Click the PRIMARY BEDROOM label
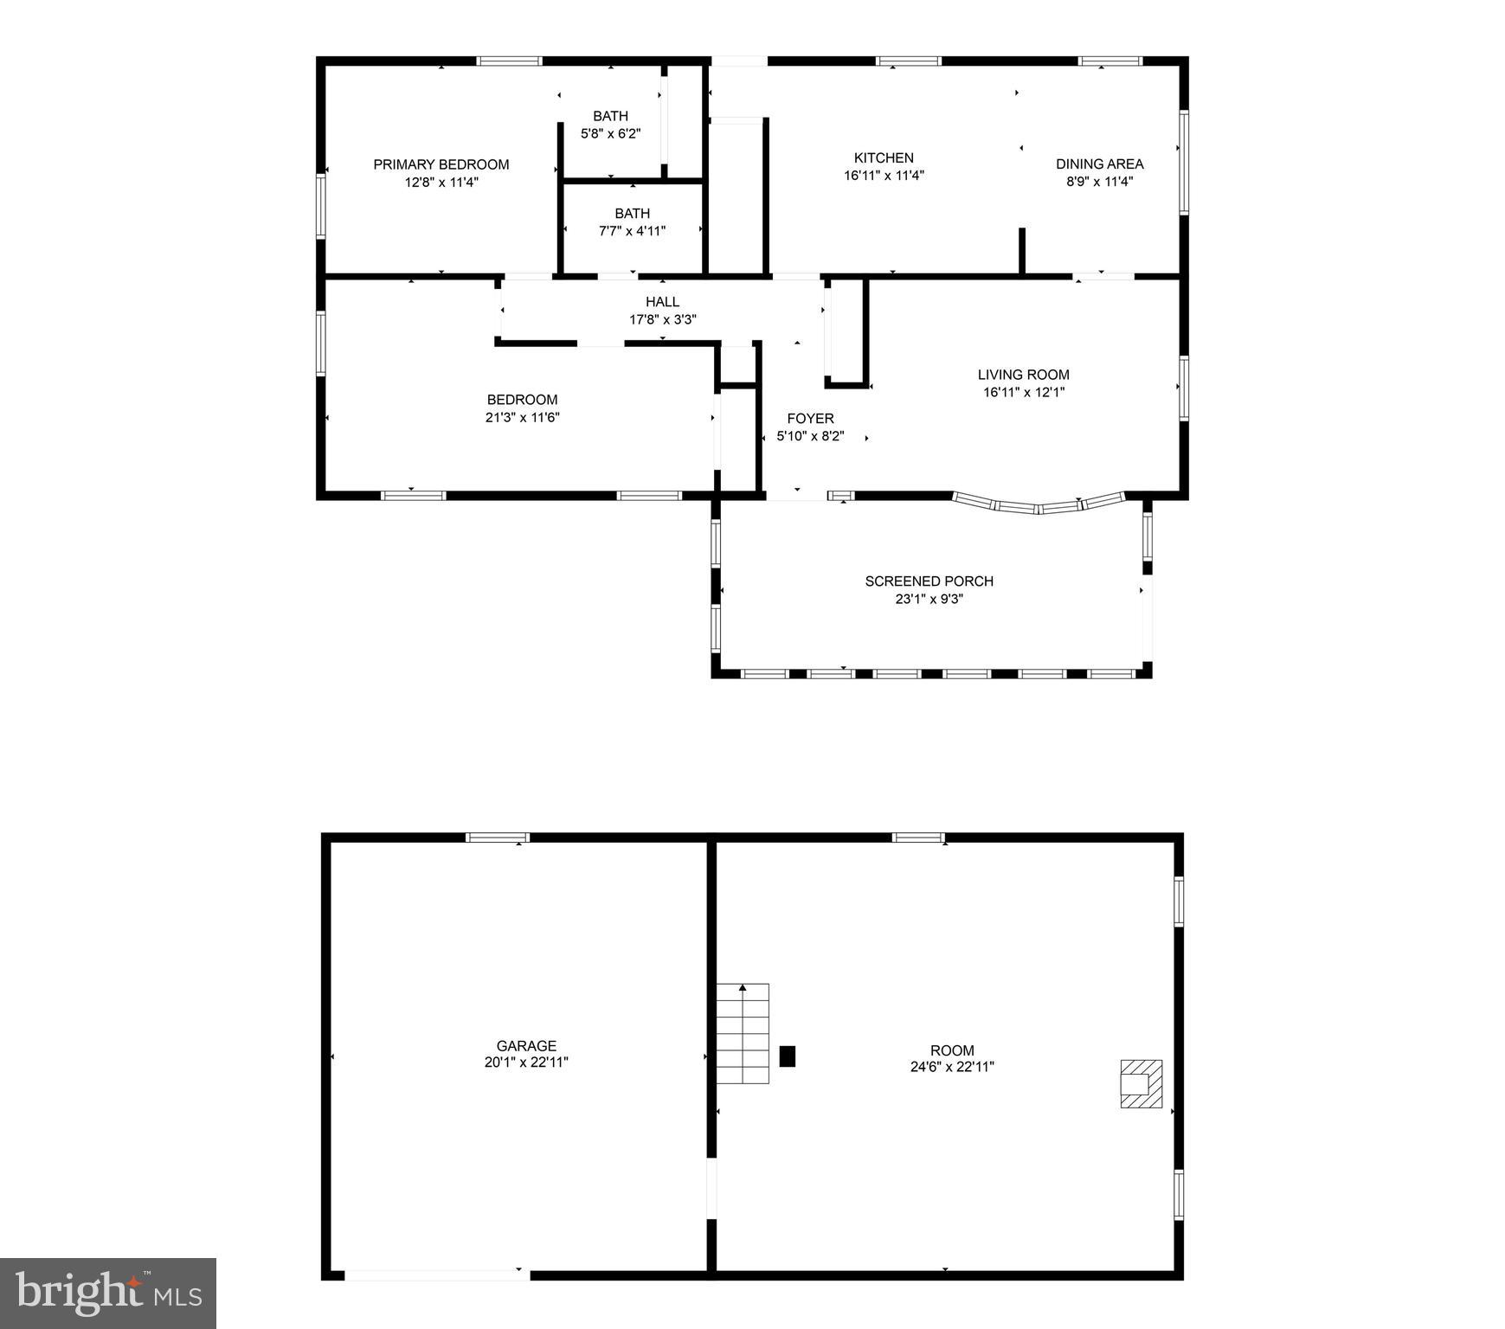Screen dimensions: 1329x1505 coord(441,164)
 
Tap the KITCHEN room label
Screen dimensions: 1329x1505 coord(884,157)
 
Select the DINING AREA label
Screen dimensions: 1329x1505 coord(1099,164)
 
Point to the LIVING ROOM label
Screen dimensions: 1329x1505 coord(1023,375)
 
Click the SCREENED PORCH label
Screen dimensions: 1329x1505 coord(929,581)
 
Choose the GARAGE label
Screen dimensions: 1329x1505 coord(526,1046)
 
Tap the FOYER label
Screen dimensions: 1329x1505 coord(810,419)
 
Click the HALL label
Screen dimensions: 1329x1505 coord(662,302)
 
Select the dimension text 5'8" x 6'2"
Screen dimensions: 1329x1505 coord(610,134)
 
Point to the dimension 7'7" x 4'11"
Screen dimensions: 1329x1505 coord(632,231)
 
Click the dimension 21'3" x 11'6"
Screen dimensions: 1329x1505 coord(522,417)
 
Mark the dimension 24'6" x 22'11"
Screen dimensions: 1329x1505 coord(952,1067)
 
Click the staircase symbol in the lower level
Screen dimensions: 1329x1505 coord(743,1034)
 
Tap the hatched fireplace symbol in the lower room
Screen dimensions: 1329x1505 coord(1141,1083)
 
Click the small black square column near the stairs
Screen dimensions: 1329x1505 coord(787,1056)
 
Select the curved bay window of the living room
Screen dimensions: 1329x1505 coord(1039,504)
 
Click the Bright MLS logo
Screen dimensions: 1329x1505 coord(108,1293)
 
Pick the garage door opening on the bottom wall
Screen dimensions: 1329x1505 coord(437,1274)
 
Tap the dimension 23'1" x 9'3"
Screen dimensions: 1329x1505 coord(929,599)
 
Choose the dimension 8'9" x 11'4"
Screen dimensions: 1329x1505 coord(1099,182)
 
